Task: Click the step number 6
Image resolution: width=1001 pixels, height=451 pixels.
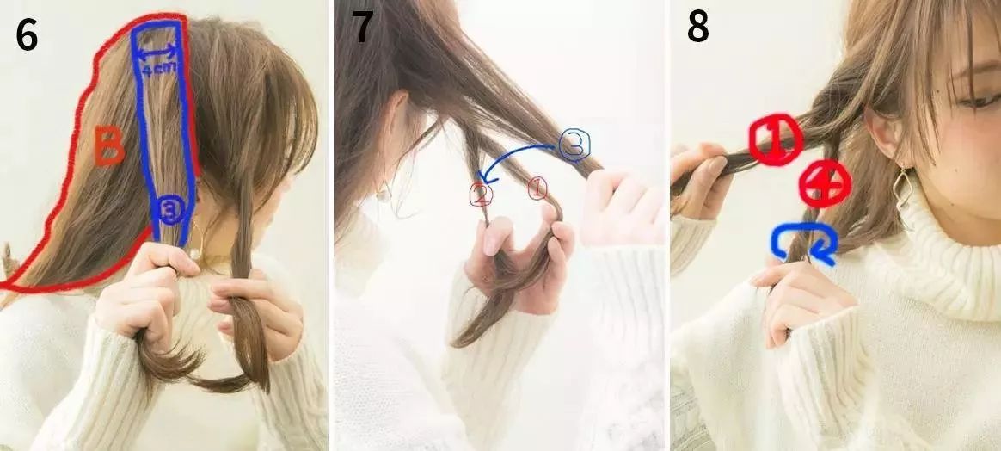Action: coord(27,35)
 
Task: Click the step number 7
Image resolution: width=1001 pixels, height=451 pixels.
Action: coord(362,27)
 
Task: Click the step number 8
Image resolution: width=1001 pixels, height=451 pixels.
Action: coord(697,27)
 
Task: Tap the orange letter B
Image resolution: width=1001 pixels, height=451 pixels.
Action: coord(109,146)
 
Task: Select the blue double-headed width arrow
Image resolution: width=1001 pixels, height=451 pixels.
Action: coord(157,51)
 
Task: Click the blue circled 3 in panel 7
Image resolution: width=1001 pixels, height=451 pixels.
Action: coord(574,145)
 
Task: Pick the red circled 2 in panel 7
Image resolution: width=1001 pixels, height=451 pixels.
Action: coord(481,194)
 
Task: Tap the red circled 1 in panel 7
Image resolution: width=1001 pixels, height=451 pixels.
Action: coord(537,188)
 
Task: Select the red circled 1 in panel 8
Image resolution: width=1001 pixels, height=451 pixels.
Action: coord(775,140)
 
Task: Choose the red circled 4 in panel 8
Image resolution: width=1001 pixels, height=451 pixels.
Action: coord(825,183)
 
